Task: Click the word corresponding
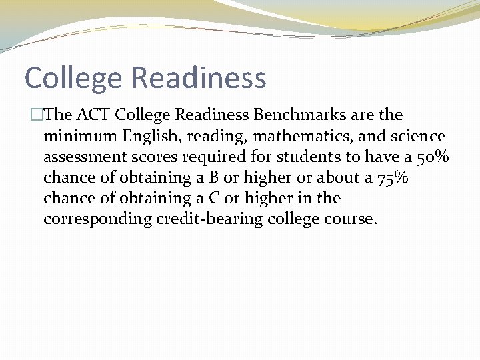pos(97,219)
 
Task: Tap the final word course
pos(351,219)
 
